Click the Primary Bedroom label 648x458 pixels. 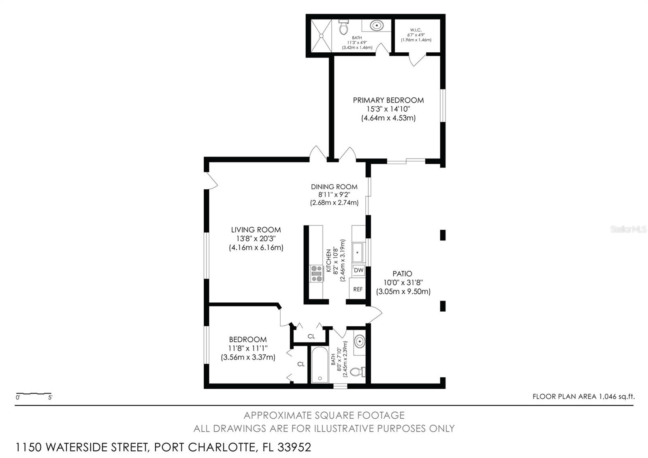pyautogui.click(x=388, y=100)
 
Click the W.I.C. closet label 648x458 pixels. pyautogui.click(x=416, y=30)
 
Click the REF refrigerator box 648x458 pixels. pyautogui.click(x=358, y=289)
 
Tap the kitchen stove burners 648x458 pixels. pyautogui.click(x=316, y=273)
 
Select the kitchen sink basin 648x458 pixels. pyautogui.click(x=358, y=253)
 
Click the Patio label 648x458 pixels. pyautogui.click(x=402, y=274)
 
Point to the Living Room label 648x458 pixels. pyautogui.click(x=256, y=230)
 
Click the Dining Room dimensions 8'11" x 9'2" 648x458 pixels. pyautogui.click(x=334, y=195)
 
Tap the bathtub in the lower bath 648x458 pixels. pyautogui.click(x=320, y=365)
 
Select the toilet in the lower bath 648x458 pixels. pyautogui.click(x=357, y=372)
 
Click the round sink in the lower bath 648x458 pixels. pyautogui.click(x=359, y=342)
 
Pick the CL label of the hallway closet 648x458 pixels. pyautogui.click(x=311, y=336)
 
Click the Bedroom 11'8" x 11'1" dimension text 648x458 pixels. pyautogui.click(x=248, y=348)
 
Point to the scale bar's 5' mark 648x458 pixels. pyautogui.click(x=50, y=398)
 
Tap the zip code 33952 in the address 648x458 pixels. pyautogui.click(x=294, y=447)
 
